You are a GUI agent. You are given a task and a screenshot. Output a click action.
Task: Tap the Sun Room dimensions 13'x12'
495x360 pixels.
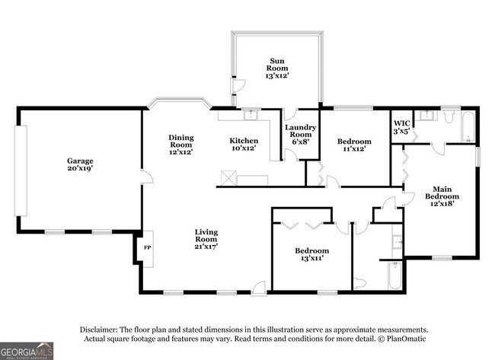277,75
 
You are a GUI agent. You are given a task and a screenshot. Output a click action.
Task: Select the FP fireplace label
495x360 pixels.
147,247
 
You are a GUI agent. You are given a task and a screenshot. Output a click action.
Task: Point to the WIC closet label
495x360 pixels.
401,123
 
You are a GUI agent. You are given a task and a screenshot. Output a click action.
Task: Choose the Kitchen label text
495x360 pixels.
244,141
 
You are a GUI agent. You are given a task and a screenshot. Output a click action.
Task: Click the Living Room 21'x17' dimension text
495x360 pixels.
206,247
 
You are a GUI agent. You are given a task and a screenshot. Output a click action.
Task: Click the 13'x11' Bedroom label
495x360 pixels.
312,254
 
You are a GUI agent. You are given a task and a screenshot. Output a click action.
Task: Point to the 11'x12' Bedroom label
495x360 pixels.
354,145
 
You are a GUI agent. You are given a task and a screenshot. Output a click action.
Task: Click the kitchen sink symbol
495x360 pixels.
251,114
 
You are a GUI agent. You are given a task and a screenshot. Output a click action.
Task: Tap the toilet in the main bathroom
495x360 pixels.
448,116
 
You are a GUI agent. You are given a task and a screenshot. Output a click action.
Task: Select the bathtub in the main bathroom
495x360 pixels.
468,127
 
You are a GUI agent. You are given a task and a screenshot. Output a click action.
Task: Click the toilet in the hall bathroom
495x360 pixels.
359,282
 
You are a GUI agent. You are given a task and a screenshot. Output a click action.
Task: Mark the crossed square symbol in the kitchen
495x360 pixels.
228,178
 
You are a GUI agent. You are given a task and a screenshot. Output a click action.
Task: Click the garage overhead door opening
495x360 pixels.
21,170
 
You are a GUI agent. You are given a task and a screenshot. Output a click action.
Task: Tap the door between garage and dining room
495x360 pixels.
147,177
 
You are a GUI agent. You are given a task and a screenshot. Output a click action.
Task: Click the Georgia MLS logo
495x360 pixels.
27,351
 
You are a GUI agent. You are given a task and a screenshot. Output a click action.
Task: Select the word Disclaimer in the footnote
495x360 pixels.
99,330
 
